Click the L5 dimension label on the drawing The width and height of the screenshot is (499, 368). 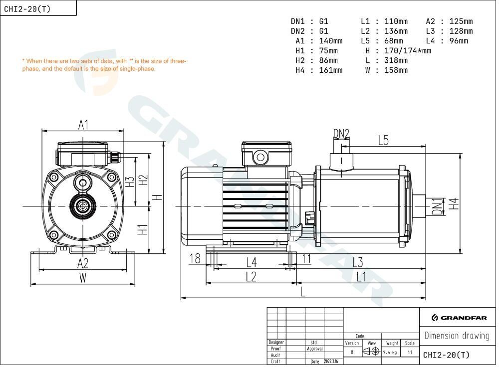[383, 140]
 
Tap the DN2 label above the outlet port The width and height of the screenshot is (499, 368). [341, 134]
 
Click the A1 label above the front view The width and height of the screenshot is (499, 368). [83, 125]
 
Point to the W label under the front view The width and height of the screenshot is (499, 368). [83, 278]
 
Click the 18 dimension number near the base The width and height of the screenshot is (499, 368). [195, 259]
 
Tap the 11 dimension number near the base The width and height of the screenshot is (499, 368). [306, 259]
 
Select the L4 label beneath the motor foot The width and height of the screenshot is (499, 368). [251, 262]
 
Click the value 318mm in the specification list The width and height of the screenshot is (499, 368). [396, 60]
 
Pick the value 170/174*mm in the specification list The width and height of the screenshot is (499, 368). [408, 50]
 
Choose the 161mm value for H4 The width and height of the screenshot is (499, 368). [331, 70]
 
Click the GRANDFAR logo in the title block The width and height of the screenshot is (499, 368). [459, 318]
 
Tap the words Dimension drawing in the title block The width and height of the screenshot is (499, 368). [457, 336]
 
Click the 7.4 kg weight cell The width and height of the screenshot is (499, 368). [390, 353]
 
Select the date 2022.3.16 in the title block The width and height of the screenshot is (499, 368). [331, 362]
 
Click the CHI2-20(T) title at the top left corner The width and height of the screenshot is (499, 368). [27, 9]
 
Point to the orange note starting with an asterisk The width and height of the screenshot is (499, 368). [104, 64]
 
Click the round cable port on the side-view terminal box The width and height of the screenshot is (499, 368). [260, 157]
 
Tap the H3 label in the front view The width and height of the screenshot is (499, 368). [130, 182]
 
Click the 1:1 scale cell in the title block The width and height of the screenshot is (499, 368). [410, 353]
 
